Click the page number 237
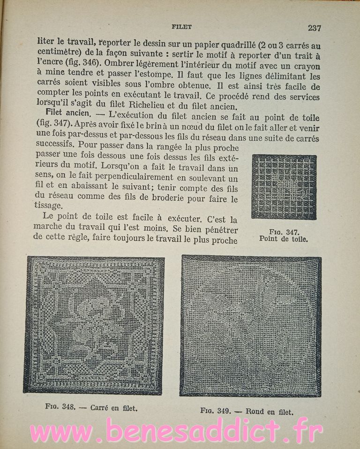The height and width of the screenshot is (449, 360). coord(314,28)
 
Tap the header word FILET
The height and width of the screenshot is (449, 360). coord(182,27)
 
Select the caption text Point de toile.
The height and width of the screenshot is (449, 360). coord(284,239)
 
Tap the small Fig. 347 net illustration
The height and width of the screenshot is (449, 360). coord(284,187)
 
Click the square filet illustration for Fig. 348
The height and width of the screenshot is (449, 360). coord(94,325)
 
